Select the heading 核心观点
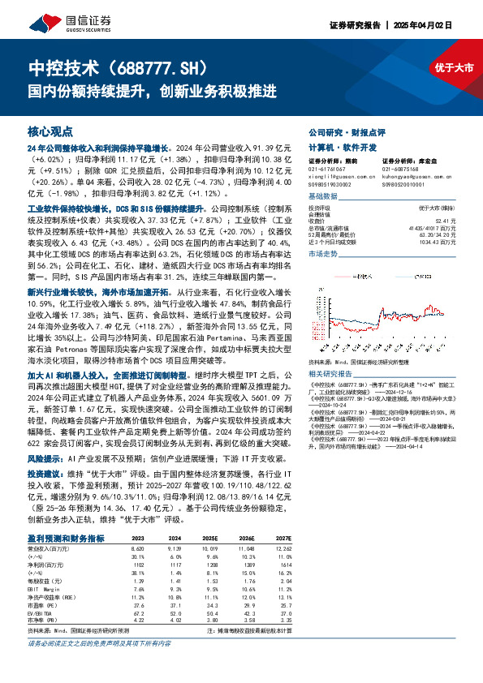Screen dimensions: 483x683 [50, 131]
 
